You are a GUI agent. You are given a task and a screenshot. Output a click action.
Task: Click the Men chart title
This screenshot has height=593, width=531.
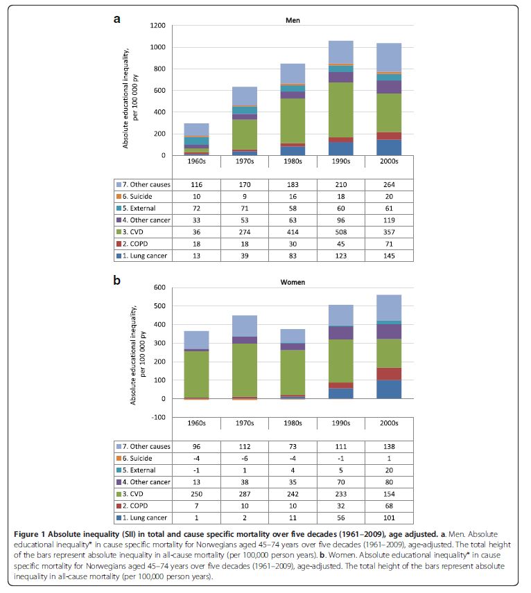pyautogui.click(x=293, y=20)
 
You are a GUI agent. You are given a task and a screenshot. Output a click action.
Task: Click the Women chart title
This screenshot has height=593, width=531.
pyautogui.click(x=293, y=281)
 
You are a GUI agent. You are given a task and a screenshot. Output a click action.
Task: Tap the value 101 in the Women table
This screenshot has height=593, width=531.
pyautogui.click(x=389, y=518)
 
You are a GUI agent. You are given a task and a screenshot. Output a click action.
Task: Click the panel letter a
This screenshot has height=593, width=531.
pyautogui.click(x=117, y=19)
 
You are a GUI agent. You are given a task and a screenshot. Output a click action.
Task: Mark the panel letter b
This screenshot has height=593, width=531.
pyautogui.click(x=117, y=281)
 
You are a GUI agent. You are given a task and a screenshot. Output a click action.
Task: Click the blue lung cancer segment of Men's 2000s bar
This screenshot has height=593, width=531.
pyautogui.click(x=389, y=148)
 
